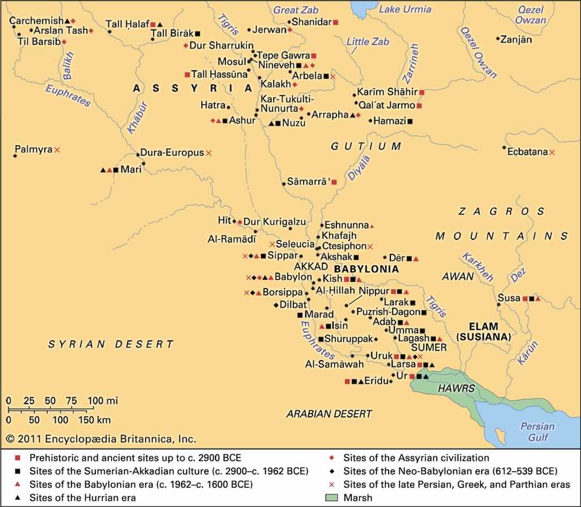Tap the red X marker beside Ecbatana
tap(552, 152)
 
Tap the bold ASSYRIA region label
tap(192, 88)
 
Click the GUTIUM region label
tap(367, 146)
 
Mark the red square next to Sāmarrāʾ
tap(334, 182)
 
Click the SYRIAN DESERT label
tap(111, 344)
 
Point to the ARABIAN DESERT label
tap(329, 413)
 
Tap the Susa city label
tap(508, 298)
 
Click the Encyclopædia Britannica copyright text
tap(101, 439)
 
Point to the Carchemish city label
tap(37, 21)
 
